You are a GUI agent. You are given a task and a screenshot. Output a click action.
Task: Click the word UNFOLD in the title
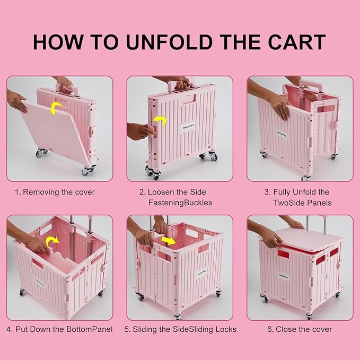pos(169,42)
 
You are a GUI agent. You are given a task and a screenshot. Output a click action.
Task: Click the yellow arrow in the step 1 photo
pos(56,108)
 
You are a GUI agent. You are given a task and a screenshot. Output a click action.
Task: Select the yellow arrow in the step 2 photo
pos(160,121)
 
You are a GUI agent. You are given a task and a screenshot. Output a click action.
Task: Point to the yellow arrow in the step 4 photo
pos(52,242)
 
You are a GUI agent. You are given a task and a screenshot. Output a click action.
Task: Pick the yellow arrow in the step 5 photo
pos(169,240)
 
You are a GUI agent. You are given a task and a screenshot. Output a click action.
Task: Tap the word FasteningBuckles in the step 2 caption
pos(180,203)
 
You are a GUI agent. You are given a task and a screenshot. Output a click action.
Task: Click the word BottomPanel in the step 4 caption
pos(90,329)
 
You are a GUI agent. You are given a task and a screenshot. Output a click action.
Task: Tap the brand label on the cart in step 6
pos(283,276)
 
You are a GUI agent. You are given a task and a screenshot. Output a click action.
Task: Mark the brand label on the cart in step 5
pos(203,273)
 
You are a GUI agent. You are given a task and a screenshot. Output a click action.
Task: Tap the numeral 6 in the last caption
pos(270,329)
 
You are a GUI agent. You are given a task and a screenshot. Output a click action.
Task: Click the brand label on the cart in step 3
pos(282,134)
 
